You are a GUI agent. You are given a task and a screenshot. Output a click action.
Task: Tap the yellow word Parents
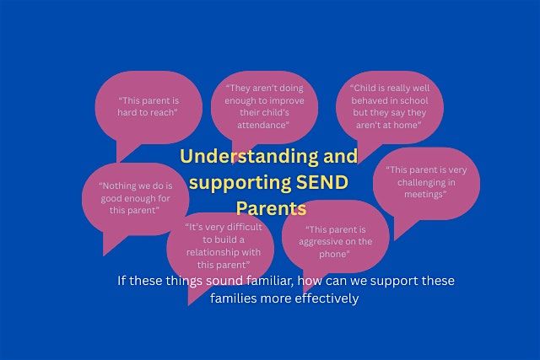(x=271, y=207)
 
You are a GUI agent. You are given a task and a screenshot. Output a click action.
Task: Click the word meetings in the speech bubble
(x=424, y=195)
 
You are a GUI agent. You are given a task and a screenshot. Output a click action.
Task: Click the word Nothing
(x=117, y=185)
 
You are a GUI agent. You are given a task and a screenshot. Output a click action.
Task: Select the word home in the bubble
(x=403, y=125)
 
